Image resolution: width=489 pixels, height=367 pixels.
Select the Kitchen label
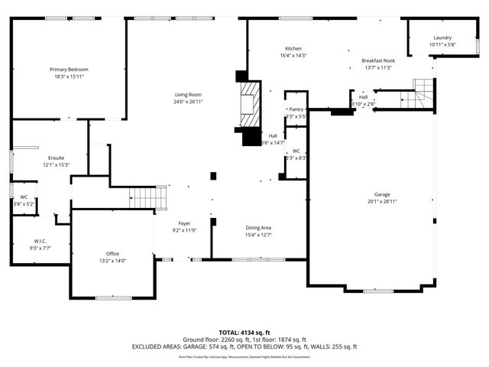point(294,48)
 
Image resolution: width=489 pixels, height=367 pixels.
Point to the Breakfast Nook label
point(377,60)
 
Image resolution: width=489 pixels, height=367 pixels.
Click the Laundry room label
point(442,37)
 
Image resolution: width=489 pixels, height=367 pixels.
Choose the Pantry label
point(296,109)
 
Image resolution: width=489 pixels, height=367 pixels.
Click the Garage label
point(382,194)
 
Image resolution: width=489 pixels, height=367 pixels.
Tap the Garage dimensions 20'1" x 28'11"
point(382,201)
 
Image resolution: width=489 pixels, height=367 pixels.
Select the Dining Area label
point(258,228)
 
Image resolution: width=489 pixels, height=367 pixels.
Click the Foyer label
point(185,223)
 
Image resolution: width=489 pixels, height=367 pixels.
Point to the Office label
point(112,254)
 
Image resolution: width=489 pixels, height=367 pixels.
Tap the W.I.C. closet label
point(41,241)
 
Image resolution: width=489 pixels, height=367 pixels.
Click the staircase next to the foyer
point(147,197)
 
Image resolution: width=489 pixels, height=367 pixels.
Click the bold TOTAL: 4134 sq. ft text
point(244,333)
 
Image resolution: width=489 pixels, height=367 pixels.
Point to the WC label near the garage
point(296,151)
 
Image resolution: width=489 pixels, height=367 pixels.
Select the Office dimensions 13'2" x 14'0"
point(112,261)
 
